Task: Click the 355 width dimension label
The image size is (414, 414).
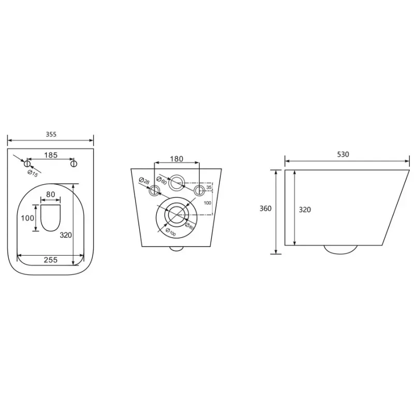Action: (51, 135)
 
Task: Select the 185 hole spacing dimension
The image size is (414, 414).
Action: (51, 155)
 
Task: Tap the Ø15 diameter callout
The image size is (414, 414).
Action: (33, 173)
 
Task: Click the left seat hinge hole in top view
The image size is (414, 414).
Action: (27, 164)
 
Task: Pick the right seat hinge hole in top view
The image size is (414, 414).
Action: (73, 164)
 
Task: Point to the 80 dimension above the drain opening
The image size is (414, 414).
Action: (50, 195)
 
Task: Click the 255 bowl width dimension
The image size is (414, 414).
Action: (50, 260)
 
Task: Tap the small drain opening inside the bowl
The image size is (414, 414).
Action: (50, 218)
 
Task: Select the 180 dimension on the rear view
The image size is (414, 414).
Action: (176, 159)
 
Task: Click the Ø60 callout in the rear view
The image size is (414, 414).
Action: (161, 181)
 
